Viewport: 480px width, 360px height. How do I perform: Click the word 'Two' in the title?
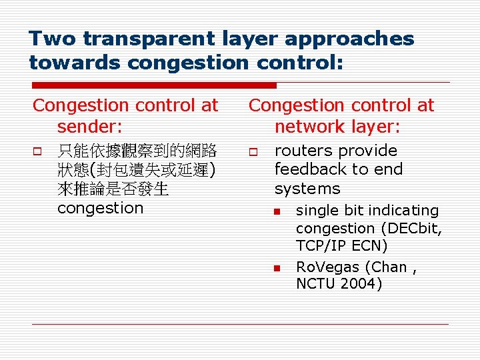coord(52,39)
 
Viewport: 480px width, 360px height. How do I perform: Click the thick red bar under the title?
coord(154,85)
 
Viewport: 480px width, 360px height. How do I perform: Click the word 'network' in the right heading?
coord(311,127)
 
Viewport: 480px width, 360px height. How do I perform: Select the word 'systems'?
coord(307,189)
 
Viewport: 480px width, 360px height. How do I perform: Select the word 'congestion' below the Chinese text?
coord(100,208)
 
